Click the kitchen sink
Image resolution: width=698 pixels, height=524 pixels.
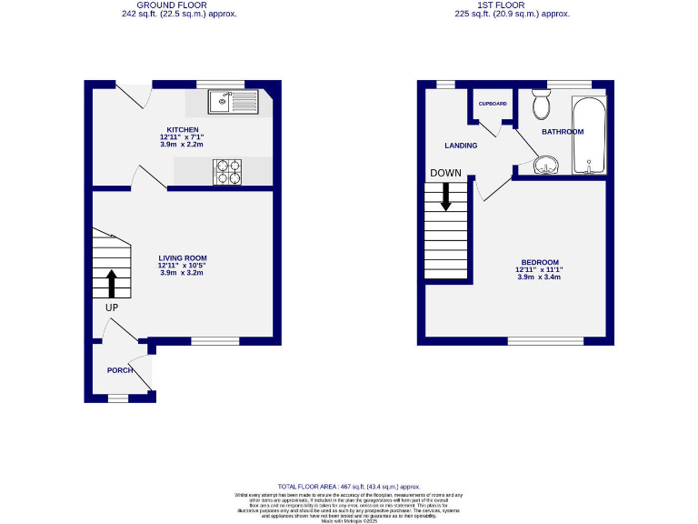point(233,101)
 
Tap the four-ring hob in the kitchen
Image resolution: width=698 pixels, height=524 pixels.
point(228,170)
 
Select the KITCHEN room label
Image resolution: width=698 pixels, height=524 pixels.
point(182,129)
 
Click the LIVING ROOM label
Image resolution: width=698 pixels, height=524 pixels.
point(183,257)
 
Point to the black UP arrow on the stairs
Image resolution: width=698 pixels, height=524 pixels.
point(112,283)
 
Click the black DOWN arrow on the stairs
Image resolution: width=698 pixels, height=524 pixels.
point(445,196)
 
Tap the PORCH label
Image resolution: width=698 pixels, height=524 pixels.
point(120,370)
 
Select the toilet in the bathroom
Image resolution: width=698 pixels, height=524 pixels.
point(542,106)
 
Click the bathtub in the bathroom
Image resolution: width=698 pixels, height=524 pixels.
point(590,136)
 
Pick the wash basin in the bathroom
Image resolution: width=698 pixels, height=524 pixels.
point(544,166)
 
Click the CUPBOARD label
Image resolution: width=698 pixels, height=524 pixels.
point(493,104)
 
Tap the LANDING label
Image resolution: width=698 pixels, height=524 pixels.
point(461,145)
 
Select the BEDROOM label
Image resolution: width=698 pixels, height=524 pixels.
point(539,262)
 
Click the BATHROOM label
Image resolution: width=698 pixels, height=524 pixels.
point(563,132)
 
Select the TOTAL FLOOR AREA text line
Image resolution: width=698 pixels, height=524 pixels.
point(350,488)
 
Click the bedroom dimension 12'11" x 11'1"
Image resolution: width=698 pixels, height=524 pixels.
point(539,269)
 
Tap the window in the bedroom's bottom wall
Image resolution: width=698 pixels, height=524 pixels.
point(544,341)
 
